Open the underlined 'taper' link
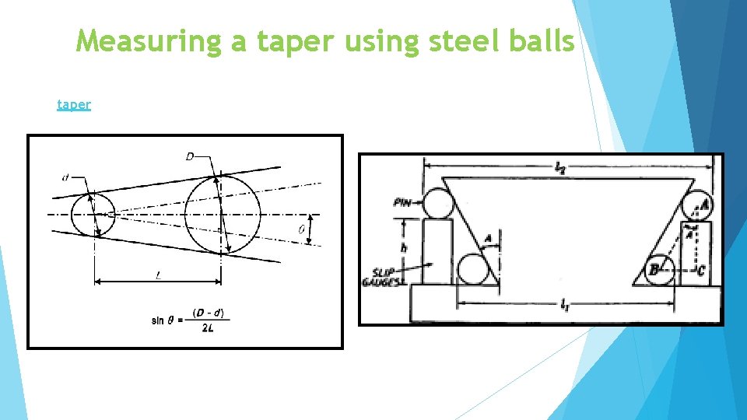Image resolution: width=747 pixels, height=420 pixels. click(x=74, y=103)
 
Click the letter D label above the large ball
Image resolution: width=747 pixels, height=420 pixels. click(x=190, y=157)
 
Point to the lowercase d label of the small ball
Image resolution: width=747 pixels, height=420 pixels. click(x=65, y=178)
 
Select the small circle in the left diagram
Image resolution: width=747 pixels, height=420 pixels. click(x=93, y=214)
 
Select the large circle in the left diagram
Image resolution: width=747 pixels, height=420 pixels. click(x=222, y=214)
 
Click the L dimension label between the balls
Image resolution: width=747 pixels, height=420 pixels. click(x=159, y=275)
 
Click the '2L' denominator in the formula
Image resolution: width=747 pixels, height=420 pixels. click(x=208, y=328)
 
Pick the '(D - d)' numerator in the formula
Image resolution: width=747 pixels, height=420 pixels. click(x=208, y=313)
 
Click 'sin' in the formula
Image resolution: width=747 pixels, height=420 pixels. click(x=158, y=320)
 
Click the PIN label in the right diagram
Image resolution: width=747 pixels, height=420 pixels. click(x=403, y=202)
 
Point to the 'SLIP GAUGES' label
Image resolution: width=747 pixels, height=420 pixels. click(x=382, y=276)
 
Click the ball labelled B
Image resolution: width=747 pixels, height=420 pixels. click(x=659, y=269)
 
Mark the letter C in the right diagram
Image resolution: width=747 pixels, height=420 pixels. click(x=700, y=271)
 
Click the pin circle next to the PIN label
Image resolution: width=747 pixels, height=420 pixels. click(x=437, y=204)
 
